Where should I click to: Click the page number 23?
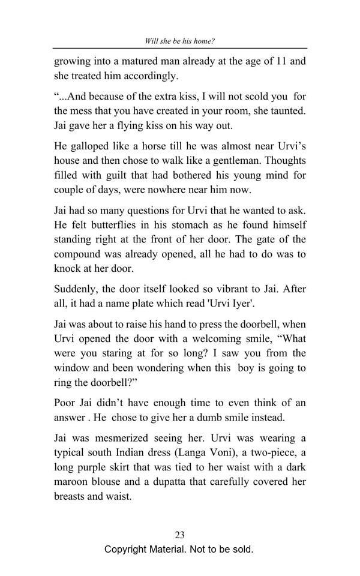click(179, 535)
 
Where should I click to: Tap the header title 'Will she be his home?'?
click(179, 41)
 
